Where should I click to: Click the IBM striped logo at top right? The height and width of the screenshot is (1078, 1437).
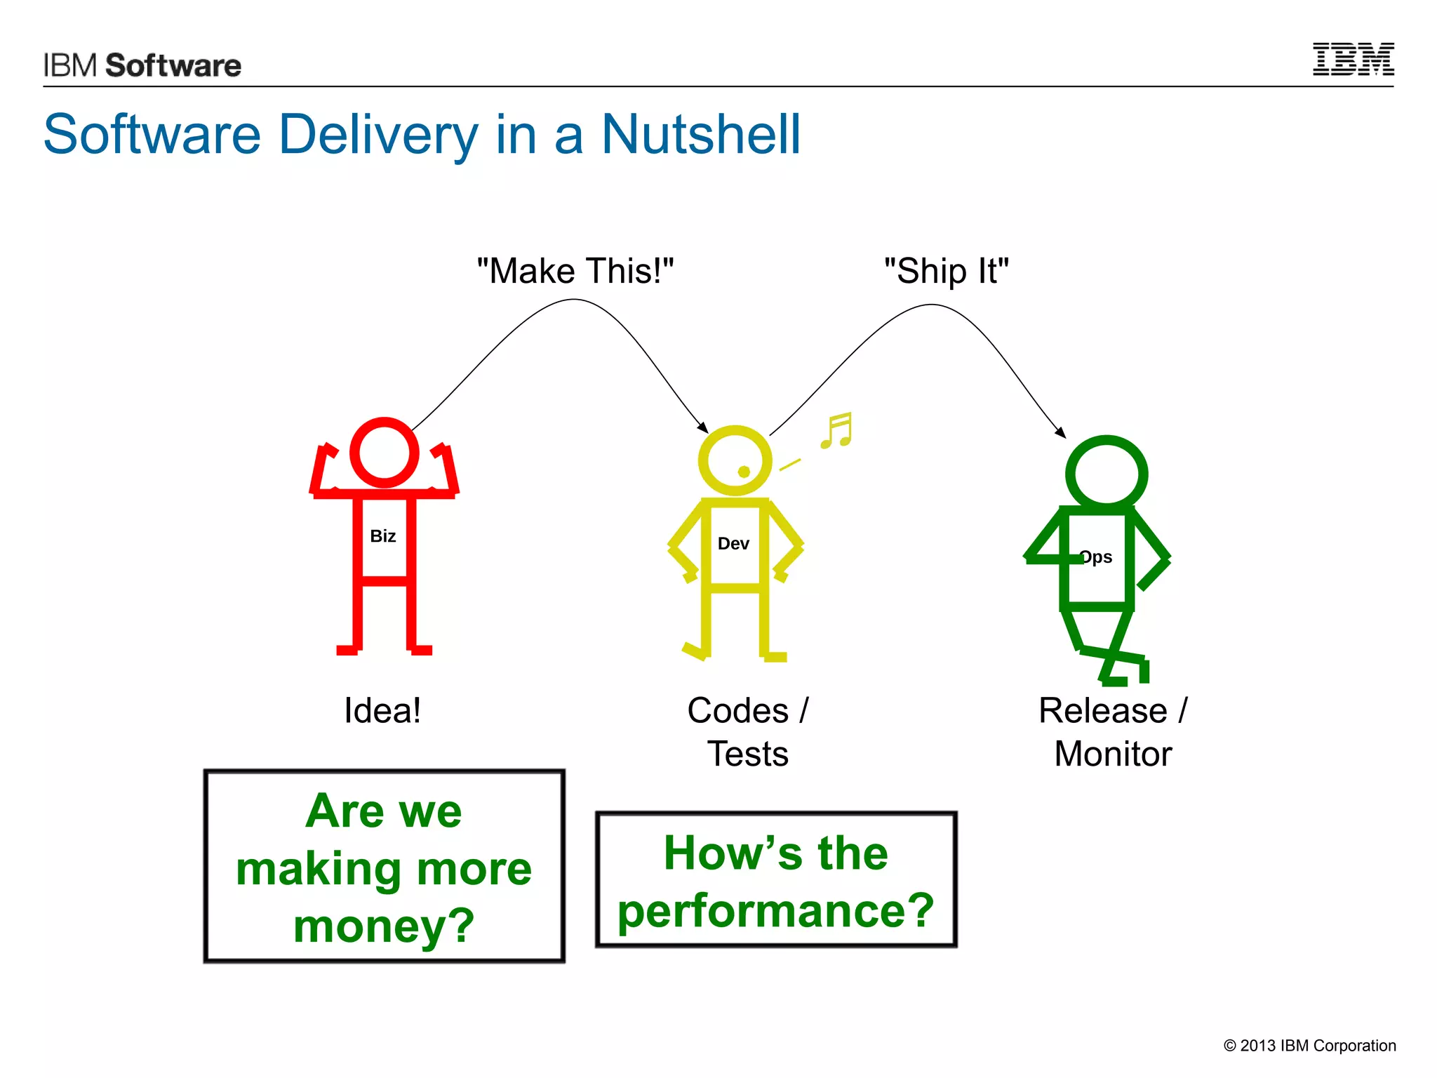(1353, 60)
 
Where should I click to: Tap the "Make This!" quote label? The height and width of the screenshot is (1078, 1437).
(575, 271)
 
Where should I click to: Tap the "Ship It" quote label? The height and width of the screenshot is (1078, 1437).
(946, 271)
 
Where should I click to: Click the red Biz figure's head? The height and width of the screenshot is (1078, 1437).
(384, 452)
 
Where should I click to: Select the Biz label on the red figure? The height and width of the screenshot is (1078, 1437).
(383, 536)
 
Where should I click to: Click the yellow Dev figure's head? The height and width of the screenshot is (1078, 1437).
(735, 460)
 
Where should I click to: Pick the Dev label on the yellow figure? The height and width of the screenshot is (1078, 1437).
(733, 544)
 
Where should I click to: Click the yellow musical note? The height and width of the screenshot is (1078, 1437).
(837, 430)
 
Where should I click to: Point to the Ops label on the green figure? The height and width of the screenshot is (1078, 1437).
(1096, 557)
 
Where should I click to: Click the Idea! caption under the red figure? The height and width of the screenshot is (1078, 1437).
(382, 710)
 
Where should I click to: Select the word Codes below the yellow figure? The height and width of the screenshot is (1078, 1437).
(737, 710)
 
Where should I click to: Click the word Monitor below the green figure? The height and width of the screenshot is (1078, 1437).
(1113, 754)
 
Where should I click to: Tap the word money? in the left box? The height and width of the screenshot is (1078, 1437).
(384, 926)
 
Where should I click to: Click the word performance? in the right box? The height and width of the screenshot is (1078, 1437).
(775, 911)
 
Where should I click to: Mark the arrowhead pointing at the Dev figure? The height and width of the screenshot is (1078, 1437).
(703, 427)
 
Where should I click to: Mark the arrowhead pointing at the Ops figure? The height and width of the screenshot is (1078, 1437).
(1061, 433)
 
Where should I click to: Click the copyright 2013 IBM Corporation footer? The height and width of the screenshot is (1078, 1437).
(1309, 1046)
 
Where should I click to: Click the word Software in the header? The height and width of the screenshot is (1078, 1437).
(173, 65)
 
